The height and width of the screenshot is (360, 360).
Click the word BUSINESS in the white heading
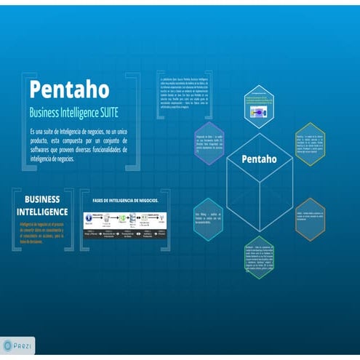[x=42, y=199]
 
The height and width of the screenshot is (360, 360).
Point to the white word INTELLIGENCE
[x=42, y=211]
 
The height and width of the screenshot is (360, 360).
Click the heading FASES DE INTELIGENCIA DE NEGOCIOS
[x=121, y=201]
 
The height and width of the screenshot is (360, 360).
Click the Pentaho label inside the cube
[x=259, y=159]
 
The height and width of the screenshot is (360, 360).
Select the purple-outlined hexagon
[x=209, y=143]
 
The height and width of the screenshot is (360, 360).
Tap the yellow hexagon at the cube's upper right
[x=309, y=143]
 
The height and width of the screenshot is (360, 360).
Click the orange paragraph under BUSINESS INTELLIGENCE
[x=41, y=232]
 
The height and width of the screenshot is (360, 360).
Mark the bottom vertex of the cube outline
[x=259, y=232]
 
